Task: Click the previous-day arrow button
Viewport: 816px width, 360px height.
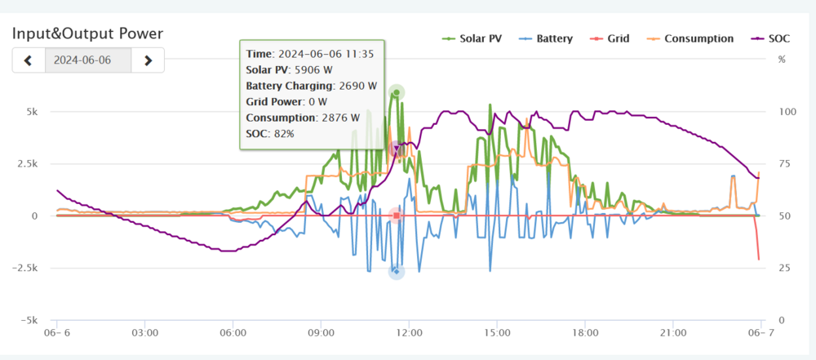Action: click(29, 60)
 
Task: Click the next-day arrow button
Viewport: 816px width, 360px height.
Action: click(148, 60)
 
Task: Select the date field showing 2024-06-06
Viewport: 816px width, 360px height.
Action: click(88, 60)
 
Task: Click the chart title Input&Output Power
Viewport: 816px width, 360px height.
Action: click(87, 33)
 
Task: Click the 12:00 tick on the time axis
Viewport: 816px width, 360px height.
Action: click(410, 334)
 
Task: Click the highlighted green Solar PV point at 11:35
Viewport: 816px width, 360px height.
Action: click(397, 92)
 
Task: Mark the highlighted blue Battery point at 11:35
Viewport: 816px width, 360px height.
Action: click(397, 271)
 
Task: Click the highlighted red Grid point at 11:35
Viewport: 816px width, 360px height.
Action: click(397, 216)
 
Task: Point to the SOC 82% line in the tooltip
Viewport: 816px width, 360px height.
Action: click(270, 132)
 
